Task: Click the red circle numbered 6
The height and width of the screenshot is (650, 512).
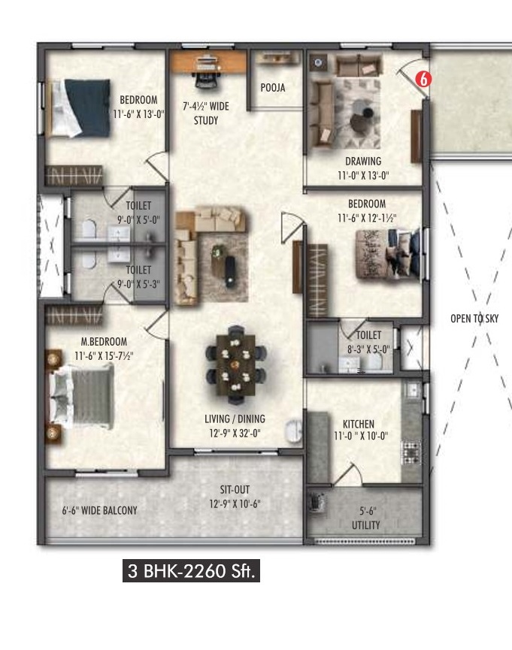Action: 423,79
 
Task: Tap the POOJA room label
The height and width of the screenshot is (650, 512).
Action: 273,88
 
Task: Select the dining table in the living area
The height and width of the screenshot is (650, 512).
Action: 235,364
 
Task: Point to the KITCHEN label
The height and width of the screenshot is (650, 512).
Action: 359,424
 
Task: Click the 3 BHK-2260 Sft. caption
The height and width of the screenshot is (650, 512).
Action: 191,571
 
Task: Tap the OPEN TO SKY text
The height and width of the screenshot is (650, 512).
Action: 474,319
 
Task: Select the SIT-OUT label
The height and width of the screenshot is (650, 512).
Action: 235,490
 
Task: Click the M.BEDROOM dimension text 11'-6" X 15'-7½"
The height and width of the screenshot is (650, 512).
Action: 104,355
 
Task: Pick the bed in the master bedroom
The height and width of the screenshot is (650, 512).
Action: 82,397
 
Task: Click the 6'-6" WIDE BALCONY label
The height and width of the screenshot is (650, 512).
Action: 99,510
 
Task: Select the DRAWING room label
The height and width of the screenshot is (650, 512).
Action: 363,161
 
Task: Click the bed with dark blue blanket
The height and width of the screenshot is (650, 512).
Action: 80,107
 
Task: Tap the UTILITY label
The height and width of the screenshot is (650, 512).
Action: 365,525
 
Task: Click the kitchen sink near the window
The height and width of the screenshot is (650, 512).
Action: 412,390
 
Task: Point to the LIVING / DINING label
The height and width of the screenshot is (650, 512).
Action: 235,419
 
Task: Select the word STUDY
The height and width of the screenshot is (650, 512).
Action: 206,121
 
